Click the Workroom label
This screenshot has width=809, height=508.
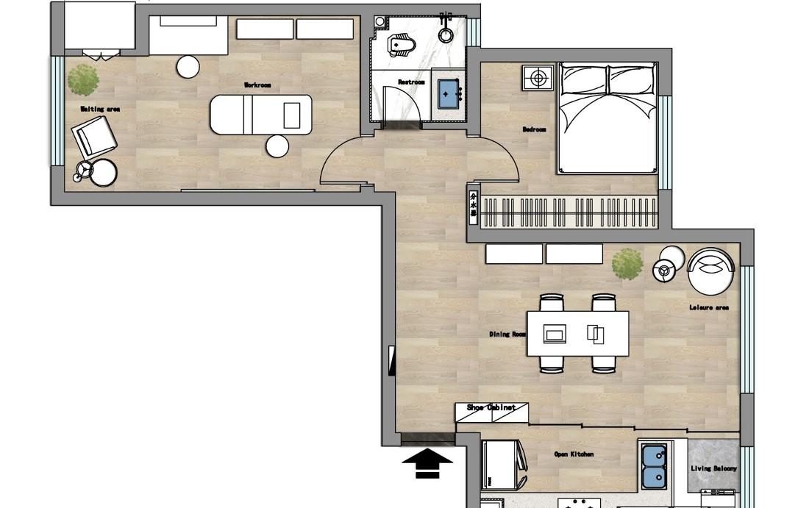[x=257, y=86]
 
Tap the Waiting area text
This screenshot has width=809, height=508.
[x=100, y=110]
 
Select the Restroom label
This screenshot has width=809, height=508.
[x=411, y=82]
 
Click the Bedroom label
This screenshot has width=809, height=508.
[x=534, y=129]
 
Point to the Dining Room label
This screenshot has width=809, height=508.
[x=507, y=335]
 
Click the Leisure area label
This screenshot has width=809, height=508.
[x=709, y=307]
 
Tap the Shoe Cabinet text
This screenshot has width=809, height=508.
[x=491, y=407]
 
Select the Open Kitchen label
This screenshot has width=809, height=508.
[x=574, y=454]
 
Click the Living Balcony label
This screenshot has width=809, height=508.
[x=713, y=468]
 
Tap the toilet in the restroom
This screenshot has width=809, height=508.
[x=402, y=46]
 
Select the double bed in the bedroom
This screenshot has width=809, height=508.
[x=607, y=118]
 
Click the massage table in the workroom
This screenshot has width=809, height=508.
[x=260, y=115]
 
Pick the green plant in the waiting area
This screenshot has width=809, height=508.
[x=84, y=79]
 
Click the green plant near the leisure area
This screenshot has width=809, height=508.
[x=627, y=264]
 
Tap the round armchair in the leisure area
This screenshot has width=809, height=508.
[x=710, y=271]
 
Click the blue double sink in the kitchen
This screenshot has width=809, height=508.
[x=654, y=466]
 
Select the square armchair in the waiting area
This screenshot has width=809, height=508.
[x=93, y=137]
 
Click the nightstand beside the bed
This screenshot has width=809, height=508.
[x=538, y=78]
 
